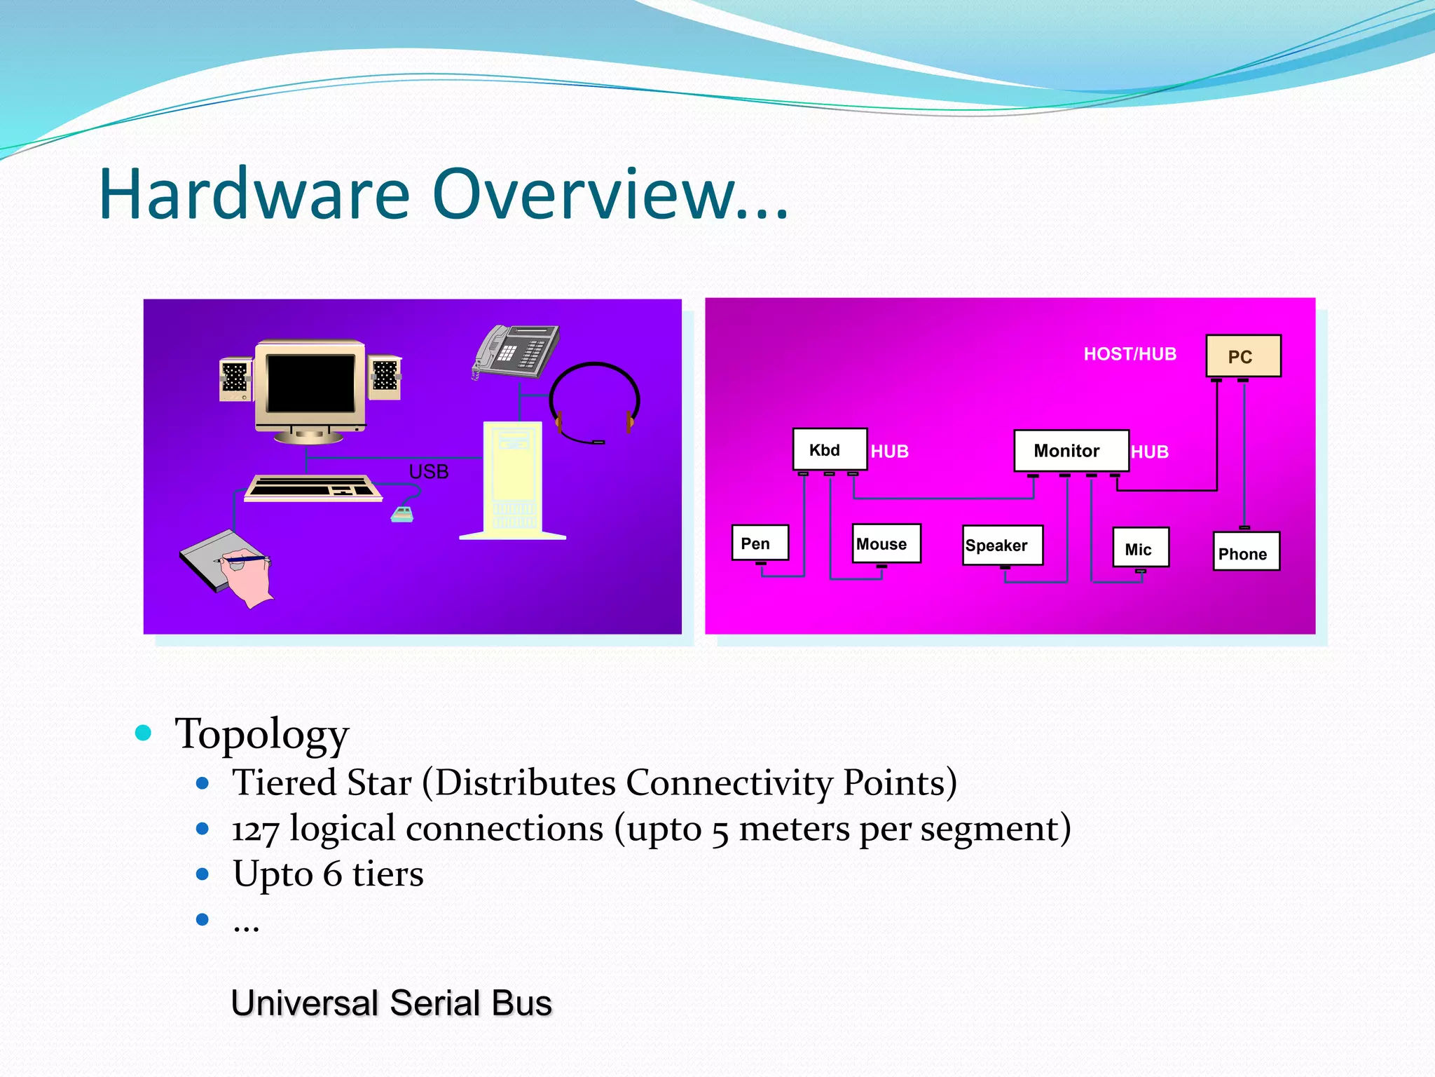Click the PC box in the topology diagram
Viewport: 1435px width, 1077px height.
[x=1243, y=356]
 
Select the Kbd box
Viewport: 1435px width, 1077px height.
[x=830, y=449]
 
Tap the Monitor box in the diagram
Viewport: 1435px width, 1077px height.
[x=1071, y=451]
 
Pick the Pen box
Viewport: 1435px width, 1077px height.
[x=760, y=543]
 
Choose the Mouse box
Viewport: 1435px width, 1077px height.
[x=886, y=544]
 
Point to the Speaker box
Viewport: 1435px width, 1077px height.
[x=1002, y=546]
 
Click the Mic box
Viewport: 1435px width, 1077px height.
[x=1141, y=548]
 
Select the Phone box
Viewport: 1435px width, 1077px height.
[x=1246, y=553]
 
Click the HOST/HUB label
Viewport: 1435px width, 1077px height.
[x=1130, y=354]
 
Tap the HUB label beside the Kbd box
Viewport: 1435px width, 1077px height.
[x=889, y=452]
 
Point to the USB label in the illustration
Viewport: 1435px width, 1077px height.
[x=428, y=472]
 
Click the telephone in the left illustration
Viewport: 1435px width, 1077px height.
[x=517, y=351]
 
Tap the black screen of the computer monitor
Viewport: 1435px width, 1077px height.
[x=310, y=383]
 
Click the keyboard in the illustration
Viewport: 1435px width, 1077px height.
[x=313, y=487]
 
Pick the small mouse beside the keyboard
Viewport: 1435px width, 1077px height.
[x=402, y=515]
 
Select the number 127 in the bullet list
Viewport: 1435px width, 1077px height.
[x=255, y=830]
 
